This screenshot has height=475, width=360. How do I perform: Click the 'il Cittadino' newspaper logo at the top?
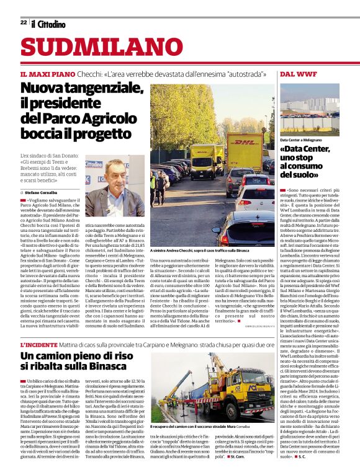click(x=48, y=24)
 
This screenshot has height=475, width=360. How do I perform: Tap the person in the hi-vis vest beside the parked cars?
click(x=160, y=186)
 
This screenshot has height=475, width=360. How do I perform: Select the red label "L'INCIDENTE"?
click(x=40, y=344)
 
